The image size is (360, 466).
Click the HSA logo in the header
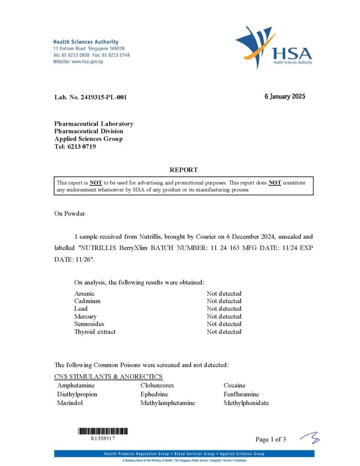pyautogui.click(x=274, y=47)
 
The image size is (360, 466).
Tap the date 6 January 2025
pyautogui.click(x=285, y=96)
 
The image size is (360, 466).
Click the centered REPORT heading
pyautogui.click(x=184, y=170)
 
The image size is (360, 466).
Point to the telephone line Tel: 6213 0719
pyautogui.click(x=75, y=147)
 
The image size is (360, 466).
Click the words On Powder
pyautogui.click(x=70, y=213)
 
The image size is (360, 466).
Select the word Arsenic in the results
pyautogui.click(x=84, y=294)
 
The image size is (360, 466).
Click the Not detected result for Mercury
pyautogui.click(x=224, y=316)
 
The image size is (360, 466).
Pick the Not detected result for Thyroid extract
pyautogui.click(x=224, y=332)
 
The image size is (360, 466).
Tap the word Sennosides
pyautogui.click(x=89, y=324)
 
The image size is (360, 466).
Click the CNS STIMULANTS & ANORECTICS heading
pyautogui.click(x=108, y=376)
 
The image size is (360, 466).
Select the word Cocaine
pyautogui.click(x=234, y=385)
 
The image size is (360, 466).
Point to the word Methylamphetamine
pyautogui.click(x=167, y=403)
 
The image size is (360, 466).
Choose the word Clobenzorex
pyautogui.click(x=157, y=385)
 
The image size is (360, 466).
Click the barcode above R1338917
pyautogui.click(x=103, y=431)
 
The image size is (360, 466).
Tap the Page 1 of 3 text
pyautogui.click(x=271, y=439)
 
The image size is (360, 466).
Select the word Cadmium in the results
pyautogui.click(x=87, y=301)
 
